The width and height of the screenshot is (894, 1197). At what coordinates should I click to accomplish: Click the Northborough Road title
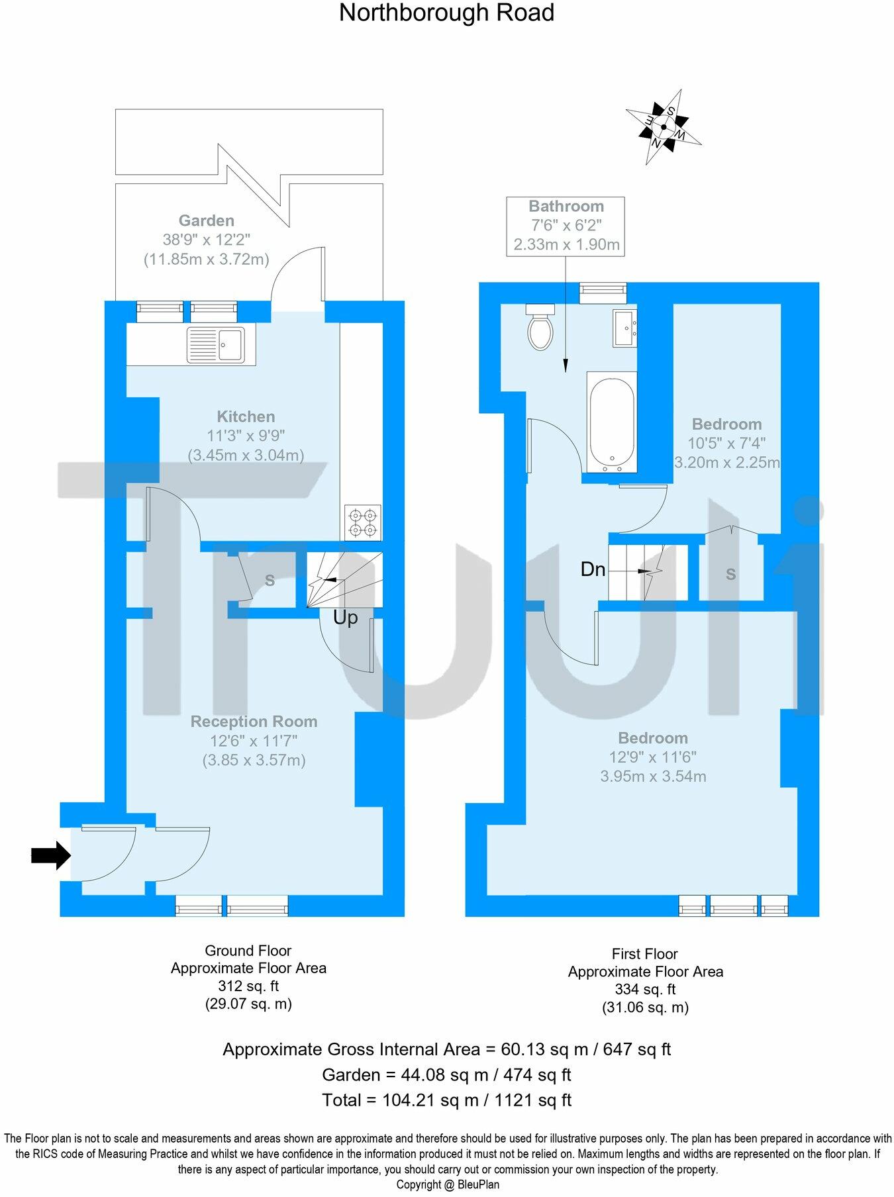446,13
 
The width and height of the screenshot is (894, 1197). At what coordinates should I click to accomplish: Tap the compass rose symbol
664,127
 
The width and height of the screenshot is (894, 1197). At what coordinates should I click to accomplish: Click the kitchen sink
216,344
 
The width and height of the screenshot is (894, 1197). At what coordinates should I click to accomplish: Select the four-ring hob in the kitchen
363,522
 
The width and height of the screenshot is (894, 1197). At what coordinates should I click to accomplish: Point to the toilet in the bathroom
540,327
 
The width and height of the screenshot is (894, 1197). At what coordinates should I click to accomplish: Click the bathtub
612,422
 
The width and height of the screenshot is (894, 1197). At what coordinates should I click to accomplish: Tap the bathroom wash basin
624,328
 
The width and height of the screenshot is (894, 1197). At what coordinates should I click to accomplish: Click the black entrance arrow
50,855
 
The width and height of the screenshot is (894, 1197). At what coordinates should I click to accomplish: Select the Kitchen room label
246,416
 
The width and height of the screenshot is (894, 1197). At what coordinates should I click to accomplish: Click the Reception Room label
254,722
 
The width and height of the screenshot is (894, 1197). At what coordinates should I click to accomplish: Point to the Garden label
206,220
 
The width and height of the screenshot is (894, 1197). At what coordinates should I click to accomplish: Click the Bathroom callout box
566,226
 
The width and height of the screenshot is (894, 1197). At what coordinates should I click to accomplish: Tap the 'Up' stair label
345,618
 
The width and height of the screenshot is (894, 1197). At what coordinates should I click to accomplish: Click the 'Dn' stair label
593,569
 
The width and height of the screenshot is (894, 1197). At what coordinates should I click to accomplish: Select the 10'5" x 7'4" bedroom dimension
726,444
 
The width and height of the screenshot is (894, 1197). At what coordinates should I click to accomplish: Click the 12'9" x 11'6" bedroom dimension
653,757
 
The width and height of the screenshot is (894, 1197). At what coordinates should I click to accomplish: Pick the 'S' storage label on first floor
730,574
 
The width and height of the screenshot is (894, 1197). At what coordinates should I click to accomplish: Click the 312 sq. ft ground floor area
248,986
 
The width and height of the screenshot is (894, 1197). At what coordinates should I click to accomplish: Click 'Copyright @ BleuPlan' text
448,1184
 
